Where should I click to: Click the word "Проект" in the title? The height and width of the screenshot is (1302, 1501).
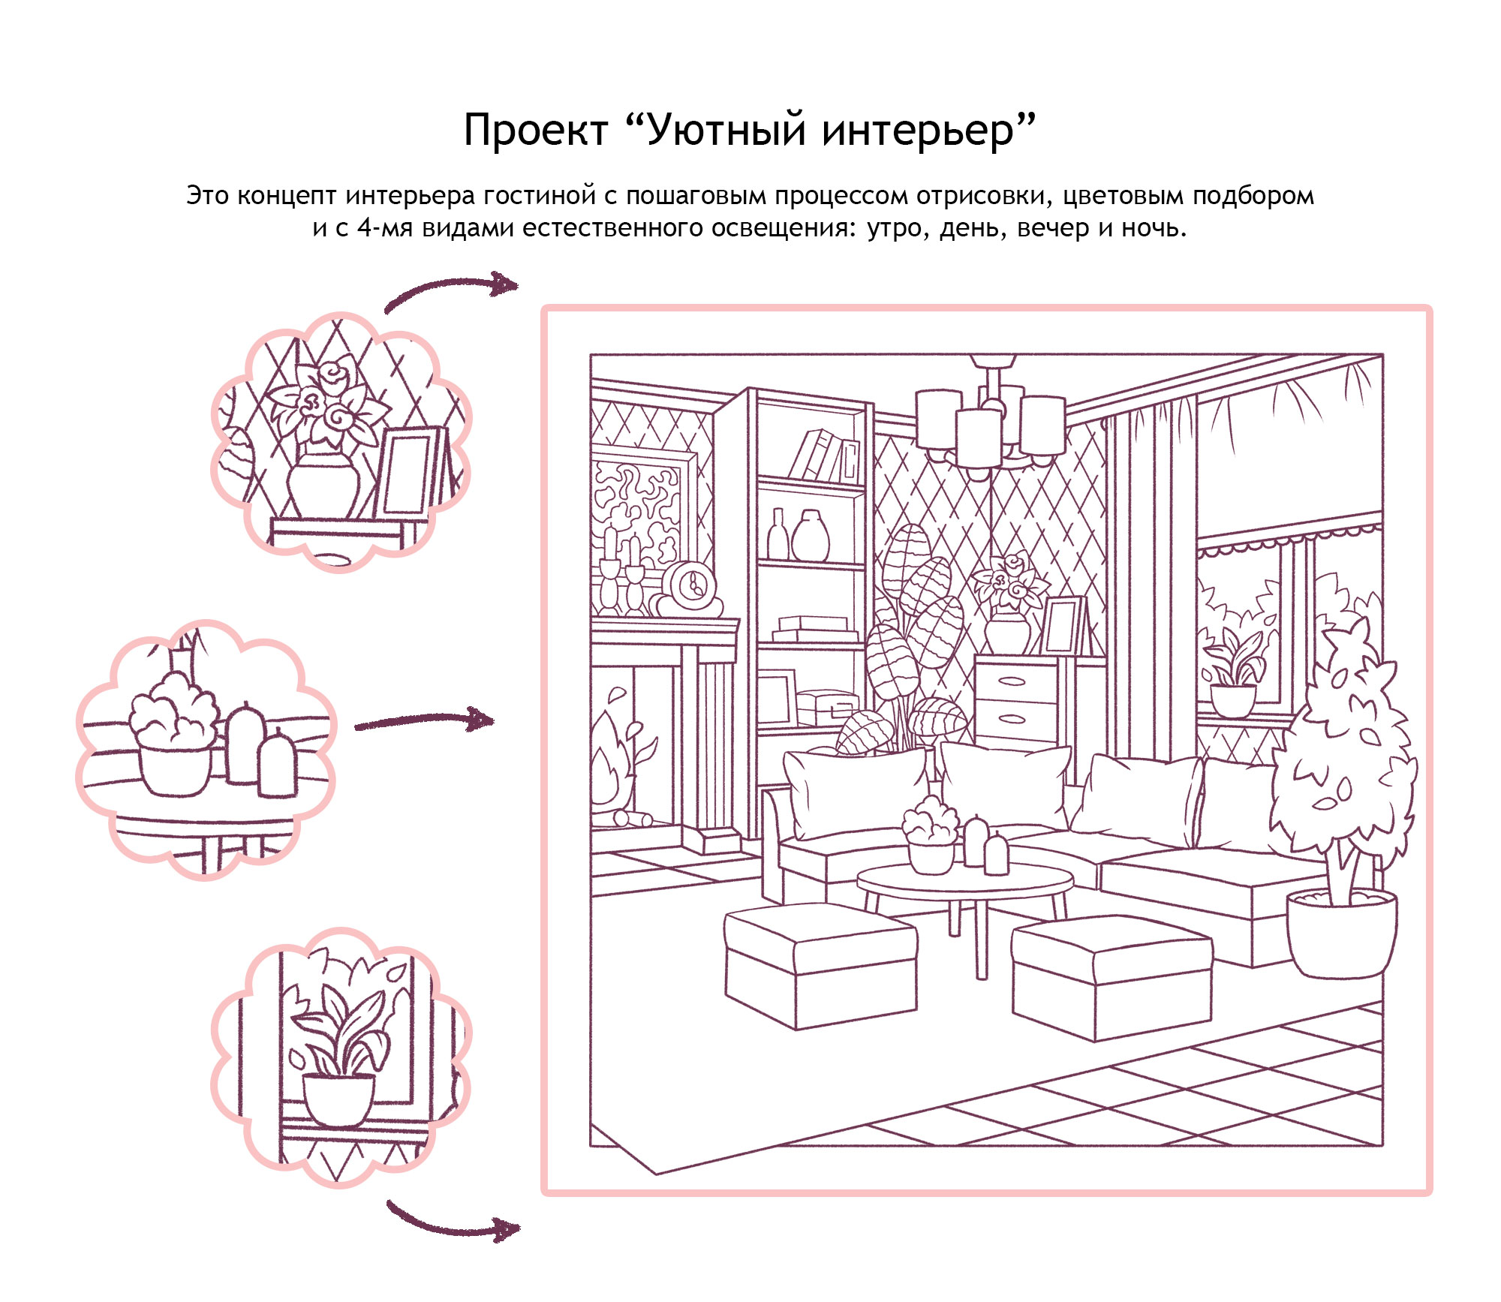pyautogui.click(x=535, y=130)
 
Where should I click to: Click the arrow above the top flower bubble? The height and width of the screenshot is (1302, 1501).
pyautogui.click(x=450, y=290)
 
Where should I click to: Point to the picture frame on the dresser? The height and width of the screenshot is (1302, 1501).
pyautogui.click(x=1063, y=624)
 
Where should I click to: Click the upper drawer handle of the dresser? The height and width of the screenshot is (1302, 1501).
pyautogui.click(x=1011, y=681)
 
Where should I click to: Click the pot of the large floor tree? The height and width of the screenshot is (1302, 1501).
pyautogui.click(x=1341, y=934)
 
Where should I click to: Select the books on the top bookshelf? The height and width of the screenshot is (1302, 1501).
pyautogui.click(x=823, y=456)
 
